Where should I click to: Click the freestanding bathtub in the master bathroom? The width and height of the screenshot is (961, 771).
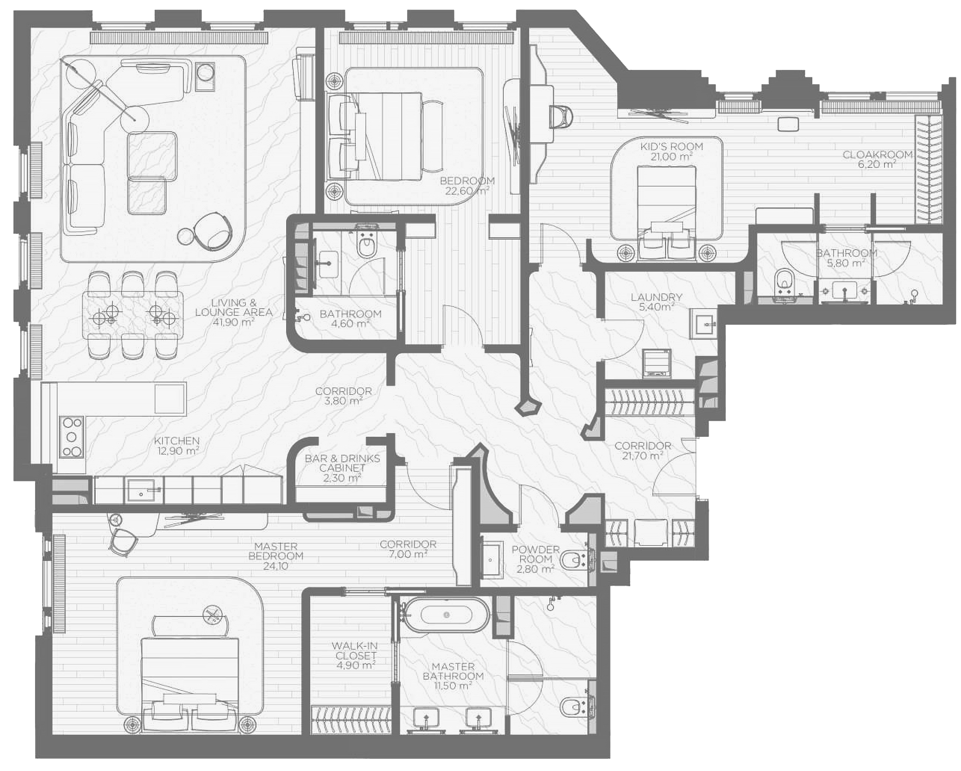coord(446,615)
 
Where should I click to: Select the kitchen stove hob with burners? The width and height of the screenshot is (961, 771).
coord(71,437)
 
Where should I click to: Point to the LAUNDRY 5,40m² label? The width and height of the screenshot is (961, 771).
coord(656,302)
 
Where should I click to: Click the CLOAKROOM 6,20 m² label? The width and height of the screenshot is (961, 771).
coord(877,159)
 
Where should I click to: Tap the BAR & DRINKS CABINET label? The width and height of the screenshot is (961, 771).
coord(342,468)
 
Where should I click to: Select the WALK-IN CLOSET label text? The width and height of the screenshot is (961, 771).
coord(355,655)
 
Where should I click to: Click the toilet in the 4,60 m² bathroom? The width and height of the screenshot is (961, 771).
coord(366,246)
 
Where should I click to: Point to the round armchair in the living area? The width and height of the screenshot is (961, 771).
coord(213,230)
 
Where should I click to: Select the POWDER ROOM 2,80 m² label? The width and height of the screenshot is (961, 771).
coord(535,559)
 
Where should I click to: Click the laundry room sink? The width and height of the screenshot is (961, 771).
coord(703,324)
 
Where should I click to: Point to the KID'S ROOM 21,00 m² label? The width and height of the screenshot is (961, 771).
coord(671,151)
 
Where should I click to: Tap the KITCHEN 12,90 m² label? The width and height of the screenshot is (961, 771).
coord(177,445)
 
